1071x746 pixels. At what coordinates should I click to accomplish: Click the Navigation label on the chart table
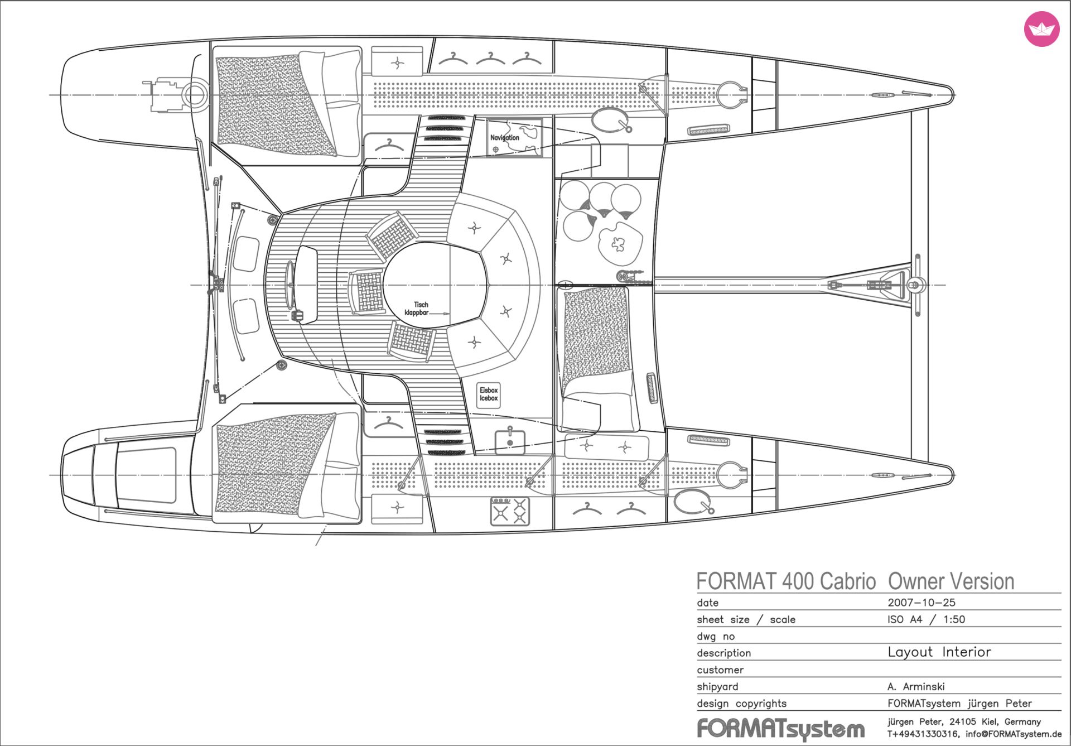click(504, 138)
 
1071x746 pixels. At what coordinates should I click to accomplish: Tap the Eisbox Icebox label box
click(489, 394)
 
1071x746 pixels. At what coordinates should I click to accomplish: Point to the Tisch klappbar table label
click(418, 309)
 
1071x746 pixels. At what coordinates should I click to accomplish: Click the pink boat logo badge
click(1041, 28)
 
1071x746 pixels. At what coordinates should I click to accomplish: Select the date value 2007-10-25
click(922, 603)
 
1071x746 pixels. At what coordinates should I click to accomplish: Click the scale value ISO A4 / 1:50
click(926, 619)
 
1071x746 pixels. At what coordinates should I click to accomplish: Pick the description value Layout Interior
click(939, 652)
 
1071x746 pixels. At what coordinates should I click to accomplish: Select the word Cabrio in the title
click(848, 581)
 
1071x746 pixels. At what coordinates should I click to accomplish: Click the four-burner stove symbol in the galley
click(510, 511)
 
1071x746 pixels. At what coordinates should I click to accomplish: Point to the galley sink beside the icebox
click(510, 441)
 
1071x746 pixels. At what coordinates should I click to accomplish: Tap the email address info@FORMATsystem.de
click(1014, 734)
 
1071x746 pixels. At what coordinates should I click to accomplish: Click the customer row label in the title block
click(720, 670)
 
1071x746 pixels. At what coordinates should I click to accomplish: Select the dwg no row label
click(716, 637)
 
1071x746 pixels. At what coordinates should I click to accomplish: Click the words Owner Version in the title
click(951, 581)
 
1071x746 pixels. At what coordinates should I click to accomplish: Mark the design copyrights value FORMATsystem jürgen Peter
click(959, 704)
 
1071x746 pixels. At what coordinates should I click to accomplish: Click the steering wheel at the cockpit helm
click(290, 285)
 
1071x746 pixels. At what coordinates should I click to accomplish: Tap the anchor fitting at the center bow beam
click(913, 285)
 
